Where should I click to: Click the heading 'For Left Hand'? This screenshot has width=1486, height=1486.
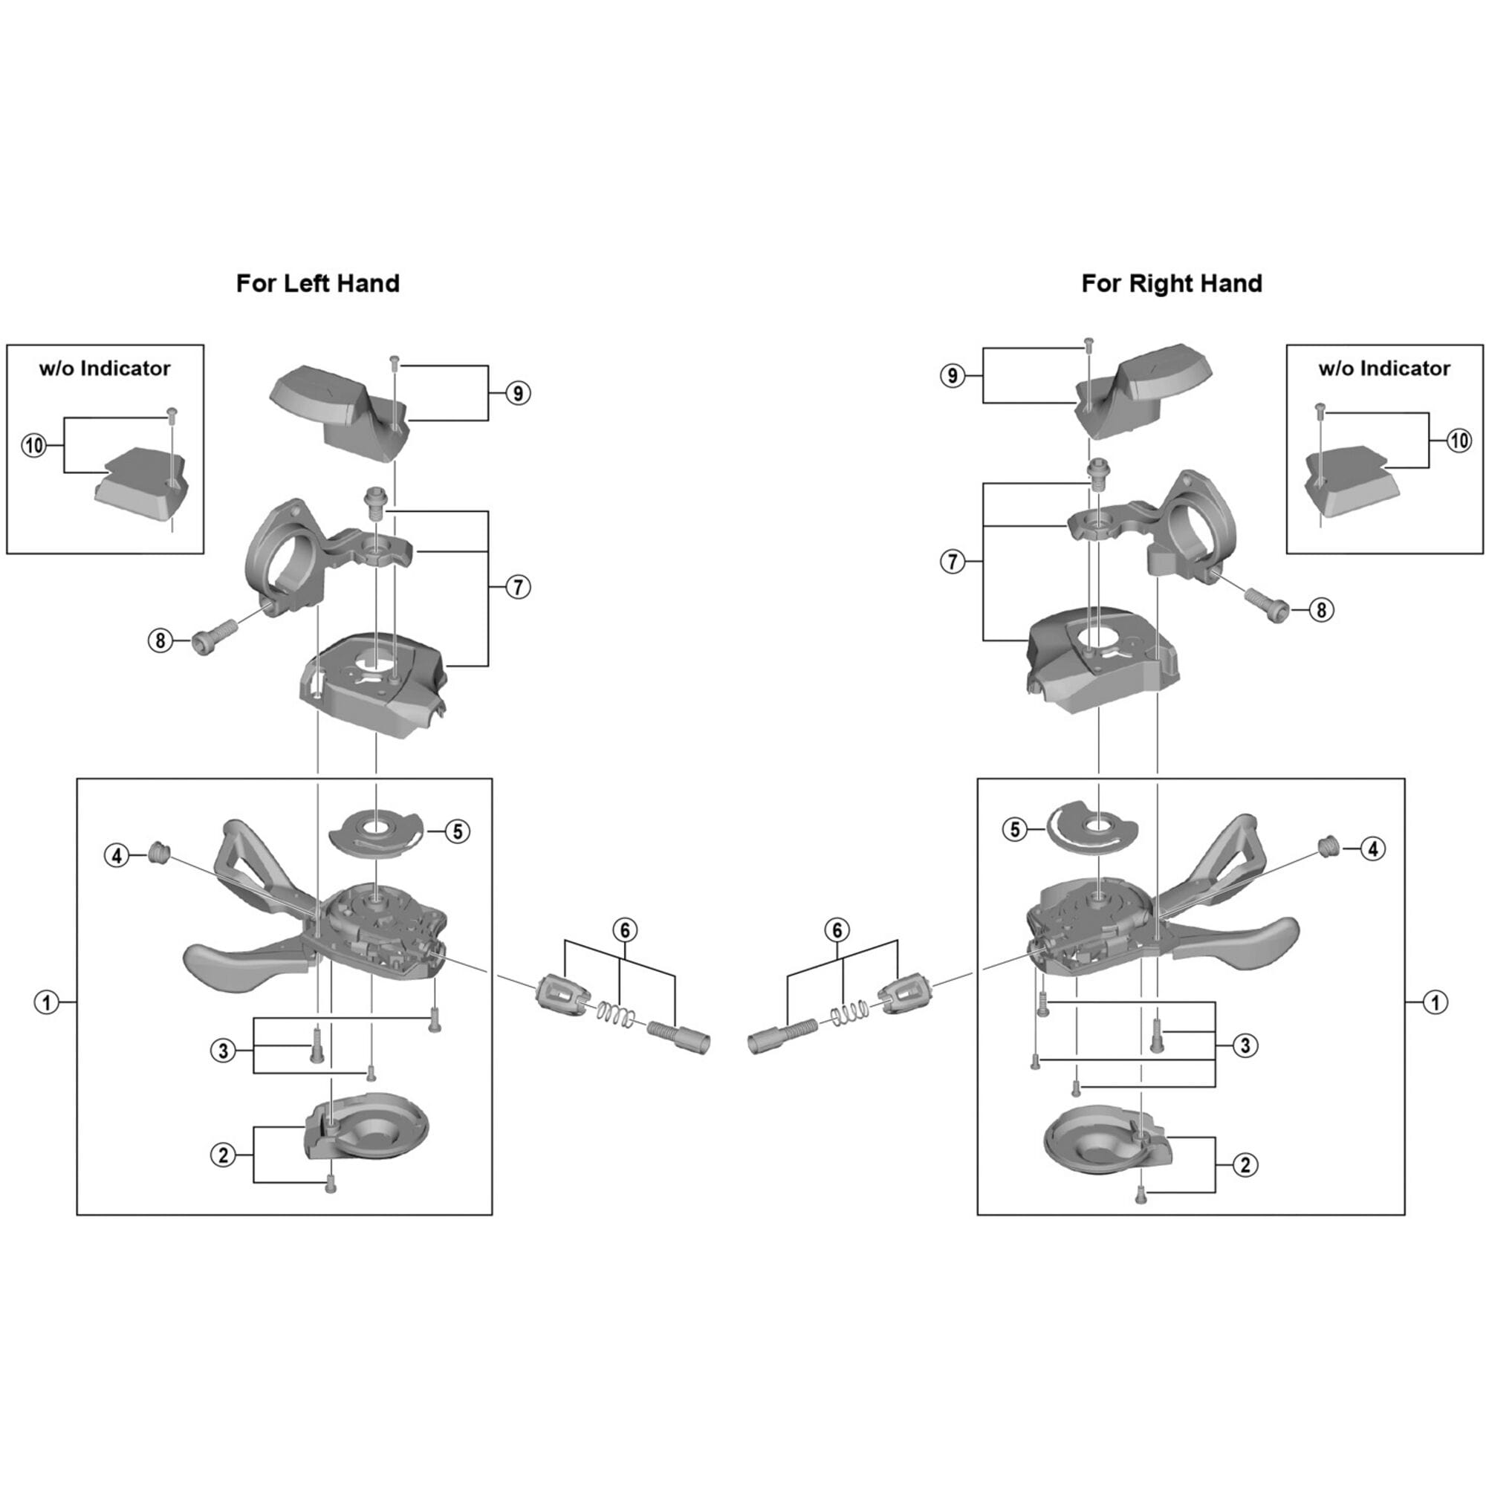318,284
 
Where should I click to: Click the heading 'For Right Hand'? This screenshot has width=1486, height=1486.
1172,284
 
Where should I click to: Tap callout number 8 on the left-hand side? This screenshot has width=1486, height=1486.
160,640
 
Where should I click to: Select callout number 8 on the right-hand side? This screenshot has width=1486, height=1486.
1321,610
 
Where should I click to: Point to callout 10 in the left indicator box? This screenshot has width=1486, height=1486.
34,444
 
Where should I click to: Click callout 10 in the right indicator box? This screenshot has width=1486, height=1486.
1459,441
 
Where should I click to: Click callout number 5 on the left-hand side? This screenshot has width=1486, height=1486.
458,831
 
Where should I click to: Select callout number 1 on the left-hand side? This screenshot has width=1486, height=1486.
47,1002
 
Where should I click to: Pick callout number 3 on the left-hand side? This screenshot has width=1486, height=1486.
223,1051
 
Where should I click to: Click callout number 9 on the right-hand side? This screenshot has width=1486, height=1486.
953,376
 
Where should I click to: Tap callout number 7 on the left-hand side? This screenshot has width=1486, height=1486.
518,588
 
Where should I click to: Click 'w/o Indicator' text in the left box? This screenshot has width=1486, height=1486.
105,369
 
